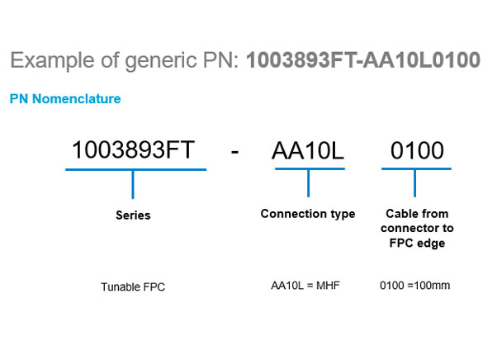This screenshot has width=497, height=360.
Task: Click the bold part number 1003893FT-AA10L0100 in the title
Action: point(363,60)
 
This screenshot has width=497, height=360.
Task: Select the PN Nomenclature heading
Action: point(65,99)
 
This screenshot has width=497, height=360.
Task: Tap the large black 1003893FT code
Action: point(133,149)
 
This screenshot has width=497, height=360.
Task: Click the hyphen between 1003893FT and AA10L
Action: point(234,152)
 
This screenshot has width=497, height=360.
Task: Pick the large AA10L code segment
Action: point(308,150)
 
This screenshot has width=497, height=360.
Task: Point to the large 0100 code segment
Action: point(417,150)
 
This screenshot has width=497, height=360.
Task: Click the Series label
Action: point(133,216)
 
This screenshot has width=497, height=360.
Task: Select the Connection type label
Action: point(308,214)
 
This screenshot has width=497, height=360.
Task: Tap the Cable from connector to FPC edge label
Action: point(417,228)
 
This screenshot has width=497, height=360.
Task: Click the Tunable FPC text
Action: point(133,287)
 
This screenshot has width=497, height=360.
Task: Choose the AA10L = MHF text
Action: point(305,286)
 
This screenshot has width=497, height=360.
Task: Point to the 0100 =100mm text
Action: point(415,286)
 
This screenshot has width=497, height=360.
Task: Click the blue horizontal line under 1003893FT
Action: point(136,169)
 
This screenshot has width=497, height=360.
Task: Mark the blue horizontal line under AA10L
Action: point(310,169)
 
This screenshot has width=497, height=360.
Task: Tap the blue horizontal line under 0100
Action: point(416,169)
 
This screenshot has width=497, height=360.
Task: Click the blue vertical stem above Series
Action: point(133,185)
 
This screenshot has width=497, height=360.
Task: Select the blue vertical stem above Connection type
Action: point(309,183)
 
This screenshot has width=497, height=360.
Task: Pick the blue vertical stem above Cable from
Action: point(415,183)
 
